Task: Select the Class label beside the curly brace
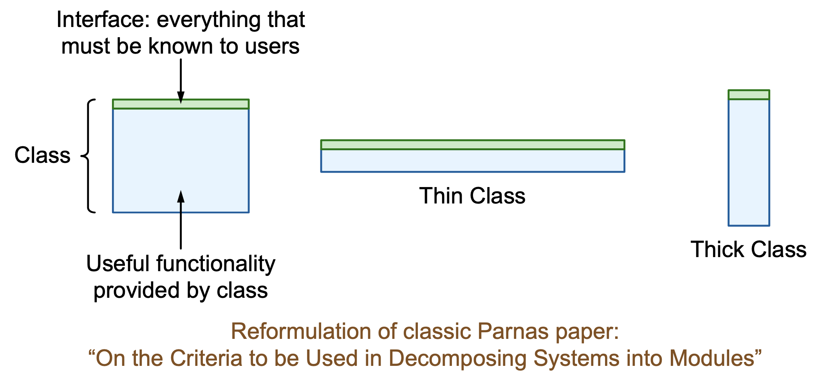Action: click(x=42, y=155)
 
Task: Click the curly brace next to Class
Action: click(x=88, y=156)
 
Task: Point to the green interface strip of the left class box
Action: click(x=181, y=104)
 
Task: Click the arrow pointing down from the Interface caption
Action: click(x=181, y=81)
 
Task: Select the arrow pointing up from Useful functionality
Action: click(x=181, y=220)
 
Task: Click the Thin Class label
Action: click(x=472, y=196)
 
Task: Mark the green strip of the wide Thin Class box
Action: click(x=473, y=144)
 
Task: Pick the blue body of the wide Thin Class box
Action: click(x=473, y=161)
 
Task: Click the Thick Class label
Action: click(x=748, y=249)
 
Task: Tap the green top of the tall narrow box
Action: click(x=749, y=95)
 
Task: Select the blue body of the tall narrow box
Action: click(x=749, y=162)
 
